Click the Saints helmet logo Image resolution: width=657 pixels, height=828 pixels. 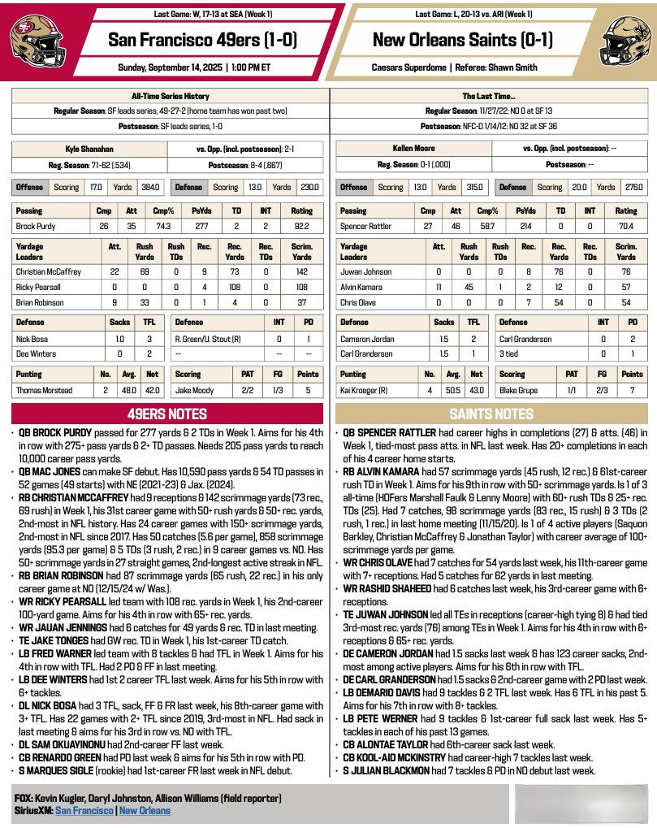point(624,40)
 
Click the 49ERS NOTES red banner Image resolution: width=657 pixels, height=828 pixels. point(167,414)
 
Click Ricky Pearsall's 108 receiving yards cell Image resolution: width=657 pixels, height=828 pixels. point(236,287)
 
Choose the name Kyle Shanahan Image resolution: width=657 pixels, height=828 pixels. point(89,149)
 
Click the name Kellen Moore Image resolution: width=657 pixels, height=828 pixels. point(413,149)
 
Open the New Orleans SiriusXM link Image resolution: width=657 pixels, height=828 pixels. point(145,811)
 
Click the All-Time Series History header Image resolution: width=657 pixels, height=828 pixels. point(170,96)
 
